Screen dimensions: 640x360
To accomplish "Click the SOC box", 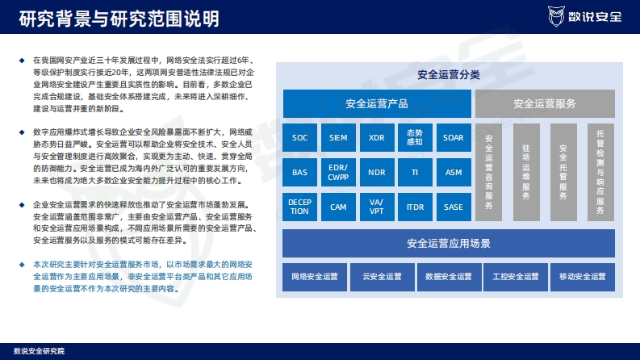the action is pos(299,137).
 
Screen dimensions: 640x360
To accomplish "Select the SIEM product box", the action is pos(338,137).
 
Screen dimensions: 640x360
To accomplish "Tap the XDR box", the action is pos(377,137).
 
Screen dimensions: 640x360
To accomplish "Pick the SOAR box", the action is pos(454,137).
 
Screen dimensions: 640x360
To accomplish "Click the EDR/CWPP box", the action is pos(338,172).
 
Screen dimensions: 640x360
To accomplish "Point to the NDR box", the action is pos(377,172).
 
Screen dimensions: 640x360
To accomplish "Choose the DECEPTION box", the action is pos(299,207).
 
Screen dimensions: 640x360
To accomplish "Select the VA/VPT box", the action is pos(377,207).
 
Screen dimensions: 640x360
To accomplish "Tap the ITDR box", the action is pos(415,207).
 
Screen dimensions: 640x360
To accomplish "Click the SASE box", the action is pos(454,207).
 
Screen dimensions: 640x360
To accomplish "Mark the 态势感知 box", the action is pos(415,137).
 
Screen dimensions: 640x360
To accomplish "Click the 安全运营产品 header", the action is pos(377,103).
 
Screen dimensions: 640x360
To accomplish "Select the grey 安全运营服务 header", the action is pos(545,103).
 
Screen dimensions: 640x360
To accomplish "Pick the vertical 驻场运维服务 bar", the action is pos(526,172).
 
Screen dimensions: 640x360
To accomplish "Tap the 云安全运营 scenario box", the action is pos(382,277).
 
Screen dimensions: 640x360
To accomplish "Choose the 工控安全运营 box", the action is pos(516,277).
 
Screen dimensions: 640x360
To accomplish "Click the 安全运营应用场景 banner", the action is pos(449,243).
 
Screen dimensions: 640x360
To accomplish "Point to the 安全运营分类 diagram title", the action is pos(449,75).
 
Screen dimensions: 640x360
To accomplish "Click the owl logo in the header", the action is pos(556,16).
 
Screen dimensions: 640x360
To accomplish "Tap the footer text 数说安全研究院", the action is pos(40,351).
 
